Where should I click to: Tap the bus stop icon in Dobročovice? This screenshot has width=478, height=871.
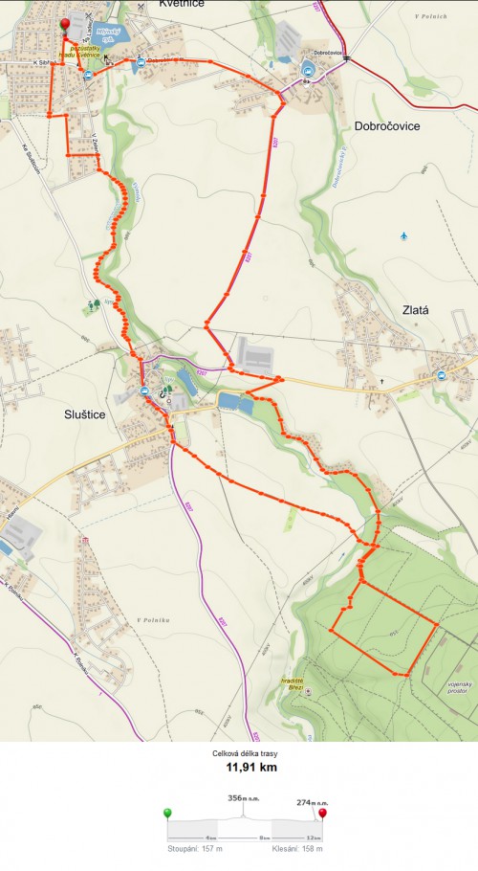308,69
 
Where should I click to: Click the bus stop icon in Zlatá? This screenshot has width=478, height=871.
442,374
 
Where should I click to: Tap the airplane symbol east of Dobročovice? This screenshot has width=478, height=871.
404,235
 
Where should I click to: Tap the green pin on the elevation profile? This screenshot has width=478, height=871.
168,814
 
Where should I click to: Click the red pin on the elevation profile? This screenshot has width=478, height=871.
323,814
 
